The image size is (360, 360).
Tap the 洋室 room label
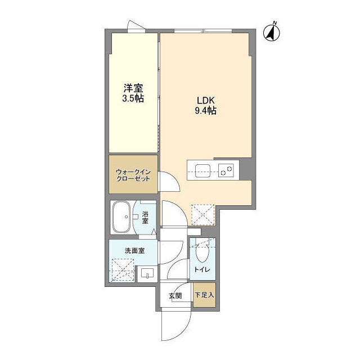pyautogui.click(x=133, y=88)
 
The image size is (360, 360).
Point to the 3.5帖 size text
pyautogui.click(x=133, y=98)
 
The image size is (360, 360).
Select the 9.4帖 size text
pyautogui.click(x=205, y=110)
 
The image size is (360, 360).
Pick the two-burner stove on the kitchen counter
pyautogui.click(x=227, y=169)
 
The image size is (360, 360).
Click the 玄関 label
pyautogui.click(x=174, y=295)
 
